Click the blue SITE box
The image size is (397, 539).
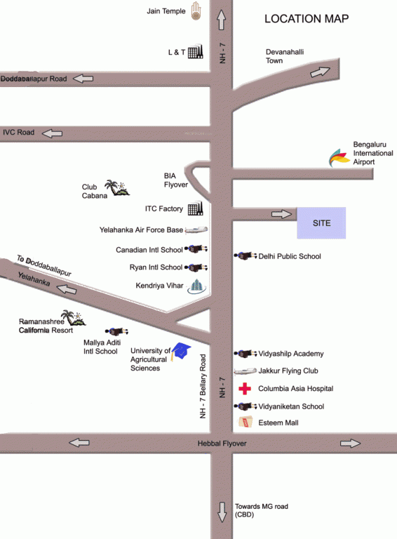point(321,223)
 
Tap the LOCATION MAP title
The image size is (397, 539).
point(307,19)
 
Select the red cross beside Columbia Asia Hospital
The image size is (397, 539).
point(245,389)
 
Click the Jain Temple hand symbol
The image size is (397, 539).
point(196,13)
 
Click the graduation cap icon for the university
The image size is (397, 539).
point(182,351)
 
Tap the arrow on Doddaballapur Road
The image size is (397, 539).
point(83,79)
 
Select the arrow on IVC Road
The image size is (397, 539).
point(52,132)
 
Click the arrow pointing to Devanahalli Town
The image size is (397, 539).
point(321,72)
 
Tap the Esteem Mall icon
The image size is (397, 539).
point(245,422)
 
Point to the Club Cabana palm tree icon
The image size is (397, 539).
point(115,187)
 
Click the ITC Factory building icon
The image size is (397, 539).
point(195,208)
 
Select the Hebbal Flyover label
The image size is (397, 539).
point(222,444)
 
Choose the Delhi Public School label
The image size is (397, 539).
point(290,257)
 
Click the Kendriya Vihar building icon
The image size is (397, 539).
point(197,286)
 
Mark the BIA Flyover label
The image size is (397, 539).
point(176,180)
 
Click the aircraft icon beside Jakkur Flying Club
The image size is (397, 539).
point(243,371)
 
